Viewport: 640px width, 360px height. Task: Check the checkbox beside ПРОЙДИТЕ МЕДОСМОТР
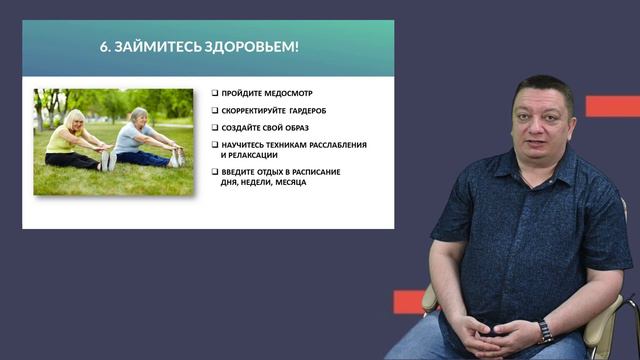coord(215,93)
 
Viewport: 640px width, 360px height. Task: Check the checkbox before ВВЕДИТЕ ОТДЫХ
coord(215,172)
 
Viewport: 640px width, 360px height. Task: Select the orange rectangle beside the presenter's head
coord(612,106)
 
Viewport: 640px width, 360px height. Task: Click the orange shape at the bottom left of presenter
coord(409,301)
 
